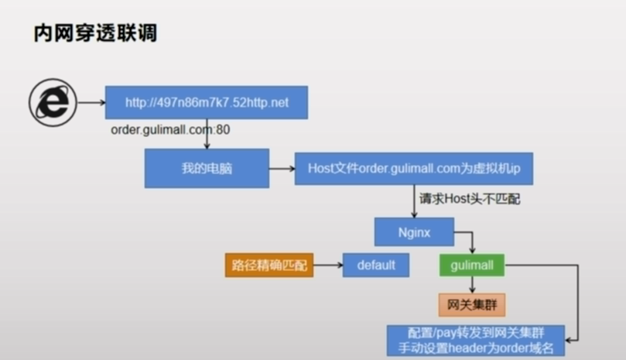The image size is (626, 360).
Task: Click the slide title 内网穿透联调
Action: tap(95, 34)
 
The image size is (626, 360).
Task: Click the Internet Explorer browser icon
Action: tap(53, 102)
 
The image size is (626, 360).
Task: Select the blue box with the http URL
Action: tap(206, 102)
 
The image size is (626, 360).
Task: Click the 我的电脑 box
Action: tap(207, 168)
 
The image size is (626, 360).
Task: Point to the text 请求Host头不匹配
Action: tap(470, 199)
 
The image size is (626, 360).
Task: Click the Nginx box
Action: tap(414, 231)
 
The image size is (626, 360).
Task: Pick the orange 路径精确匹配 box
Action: tap(269, 266)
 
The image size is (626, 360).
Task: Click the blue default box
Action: tap(376, 266)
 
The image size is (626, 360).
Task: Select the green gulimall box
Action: tap(472, 266)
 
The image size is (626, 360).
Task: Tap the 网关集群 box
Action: tap(472, 304)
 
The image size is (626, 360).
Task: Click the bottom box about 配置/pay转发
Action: tap(476, 341)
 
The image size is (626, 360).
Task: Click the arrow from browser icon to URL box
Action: tap(91, 102)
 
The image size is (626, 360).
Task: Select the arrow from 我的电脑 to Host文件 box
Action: tap(282, 168)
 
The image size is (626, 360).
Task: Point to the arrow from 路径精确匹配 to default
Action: tap(328, 266)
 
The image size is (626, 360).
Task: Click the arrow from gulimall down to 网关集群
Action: tap(472, 285)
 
